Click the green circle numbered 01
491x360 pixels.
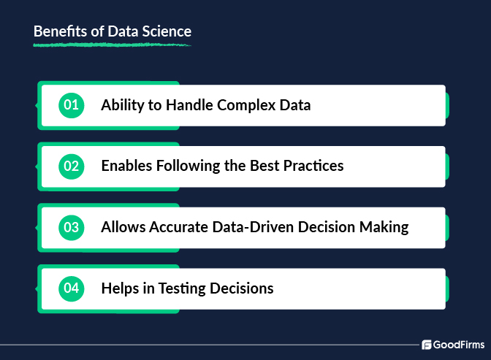tap(71, 105)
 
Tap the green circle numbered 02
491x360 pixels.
tap(71, 166)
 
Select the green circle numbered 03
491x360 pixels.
tap(71, 227)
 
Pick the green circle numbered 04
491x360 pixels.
tap(71, 288)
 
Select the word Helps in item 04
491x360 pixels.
tap(120, 288)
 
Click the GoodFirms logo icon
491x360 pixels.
tap(427, 345)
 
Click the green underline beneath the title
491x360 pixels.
tap(112, 45)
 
